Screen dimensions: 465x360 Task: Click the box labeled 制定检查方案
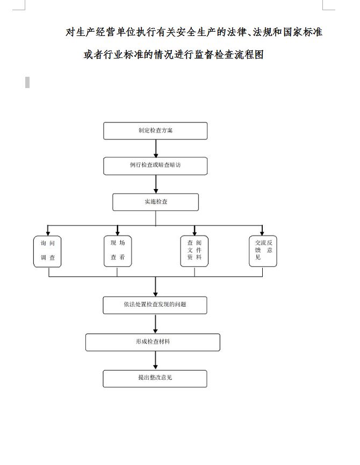coord(155,131)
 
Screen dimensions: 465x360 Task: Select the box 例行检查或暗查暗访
coord(155,166)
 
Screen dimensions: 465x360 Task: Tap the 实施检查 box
coord(155,202)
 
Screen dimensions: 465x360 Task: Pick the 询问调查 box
coord(48,251)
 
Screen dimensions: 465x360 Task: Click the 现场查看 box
coord(118,251)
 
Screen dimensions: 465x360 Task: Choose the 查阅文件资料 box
coord(194,251)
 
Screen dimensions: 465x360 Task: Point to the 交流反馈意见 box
coord(263,251)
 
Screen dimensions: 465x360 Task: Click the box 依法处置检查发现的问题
coord(155,305)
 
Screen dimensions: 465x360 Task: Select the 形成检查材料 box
coord(153,342)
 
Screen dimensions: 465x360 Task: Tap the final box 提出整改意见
coord(155,379)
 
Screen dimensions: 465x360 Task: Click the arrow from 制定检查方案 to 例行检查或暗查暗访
coord(156,148)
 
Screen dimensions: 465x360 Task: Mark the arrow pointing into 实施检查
coord(156,184)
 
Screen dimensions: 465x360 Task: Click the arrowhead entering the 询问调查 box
coord(48,233)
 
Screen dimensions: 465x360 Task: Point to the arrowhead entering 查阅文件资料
coord(195,233)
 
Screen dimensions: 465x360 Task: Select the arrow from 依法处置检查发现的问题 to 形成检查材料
coord(156,324)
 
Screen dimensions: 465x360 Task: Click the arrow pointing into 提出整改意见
coord(156,360)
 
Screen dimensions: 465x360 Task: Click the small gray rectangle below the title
coord(27,82)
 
